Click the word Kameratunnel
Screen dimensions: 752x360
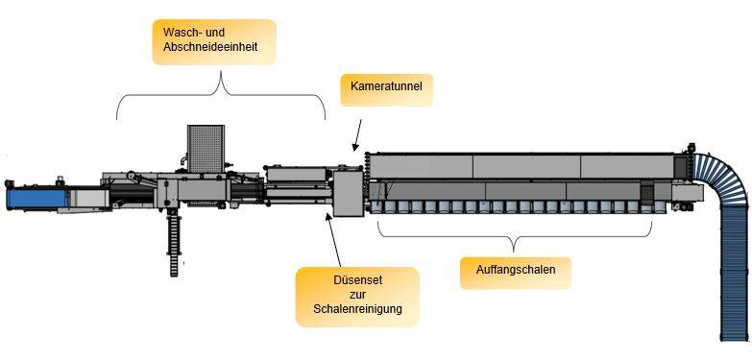click(x=386, y=86)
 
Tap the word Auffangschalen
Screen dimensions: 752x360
click(x=516, y=270)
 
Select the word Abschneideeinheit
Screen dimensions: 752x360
click(x=210, y=47)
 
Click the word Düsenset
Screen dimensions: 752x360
click(x=357, y=280)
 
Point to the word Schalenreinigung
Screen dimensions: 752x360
click(x=358, y=309)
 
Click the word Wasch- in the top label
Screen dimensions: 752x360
click(x=181, y=33)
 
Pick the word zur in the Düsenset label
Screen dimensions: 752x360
click(x=358, y=295)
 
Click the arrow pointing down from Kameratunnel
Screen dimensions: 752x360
click(x=357, y=135)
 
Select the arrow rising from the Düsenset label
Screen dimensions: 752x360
click(x=333, y=239)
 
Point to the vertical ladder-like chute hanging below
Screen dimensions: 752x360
click(x=174, y=245)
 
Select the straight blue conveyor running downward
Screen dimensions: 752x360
click(x=735, y=274)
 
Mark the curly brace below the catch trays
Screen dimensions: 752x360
click(x=514, y=235)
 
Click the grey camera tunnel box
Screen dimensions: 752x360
click(x=349, y=194)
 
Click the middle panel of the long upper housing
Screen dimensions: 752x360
click(x=526, y=166)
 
